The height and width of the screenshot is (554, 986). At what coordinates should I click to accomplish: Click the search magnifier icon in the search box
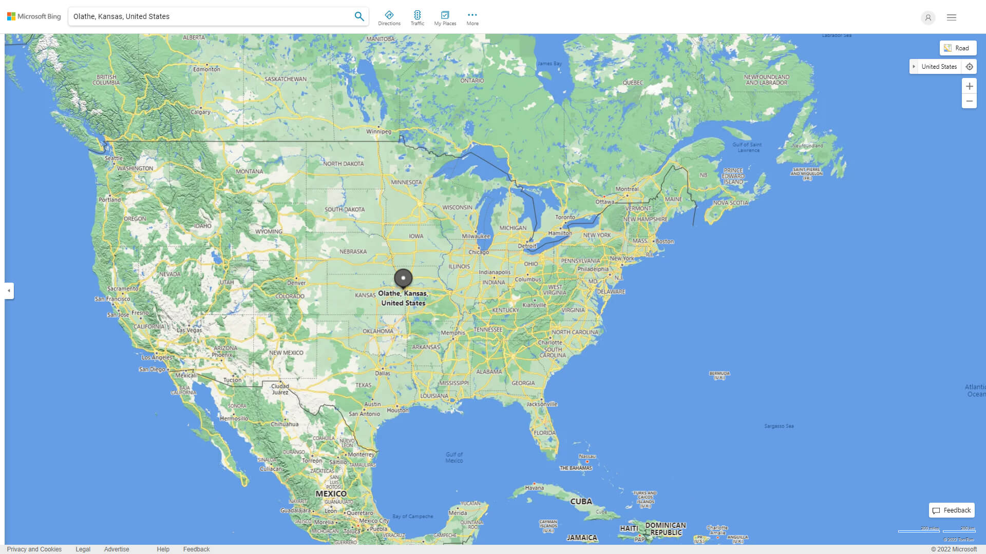pos(359,16)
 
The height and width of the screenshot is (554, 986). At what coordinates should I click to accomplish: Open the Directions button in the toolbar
pos(389,18)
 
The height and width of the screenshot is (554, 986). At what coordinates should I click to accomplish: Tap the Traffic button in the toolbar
pos(417,18)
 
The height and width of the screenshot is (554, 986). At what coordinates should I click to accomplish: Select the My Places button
pos(445,18)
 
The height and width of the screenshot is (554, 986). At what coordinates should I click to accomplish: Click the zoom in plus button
pos(969,86)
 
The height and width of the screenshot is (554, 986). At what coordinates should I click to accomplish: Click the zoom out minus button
pos(969,101)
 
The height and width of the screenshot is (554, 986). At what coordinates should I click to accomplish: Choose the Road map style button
pos(958,48)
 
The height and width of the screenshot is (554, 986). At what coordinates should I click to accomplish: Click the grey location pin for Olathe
pos(403,278)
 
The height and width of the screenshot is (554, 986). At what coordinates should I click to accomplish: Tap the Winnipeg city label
pos(378,132)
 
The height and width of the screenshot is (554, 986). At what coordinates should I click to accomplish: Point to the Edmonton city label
pos(206,69)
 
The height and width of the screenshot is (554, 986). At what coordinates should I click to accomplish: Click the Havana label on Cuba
pos(534,488)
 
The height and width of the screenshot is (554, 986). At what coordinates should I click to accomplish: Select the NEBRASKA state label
pos(353,252)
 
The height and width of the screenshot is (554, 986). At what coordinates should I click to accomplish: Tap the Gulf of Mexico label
pos(454,458)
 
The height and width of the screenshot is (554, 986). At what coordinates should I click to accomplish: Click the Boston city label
pos(665,242)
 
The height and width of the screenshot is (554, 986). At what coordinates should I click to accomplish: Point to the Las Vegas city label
pos(189,330)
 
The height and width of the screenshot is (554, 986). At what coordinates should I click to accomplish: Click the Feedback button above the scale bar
pos(952,510)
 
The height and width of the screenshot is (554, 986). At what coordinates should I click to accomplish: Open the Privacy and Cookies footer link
pos(34,549)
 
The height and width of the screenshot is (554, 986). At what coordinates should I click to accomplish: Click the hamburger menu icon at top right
pos(952,17)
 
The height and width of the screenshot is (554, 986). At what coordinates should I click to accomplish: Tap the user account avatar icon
pos(928,17)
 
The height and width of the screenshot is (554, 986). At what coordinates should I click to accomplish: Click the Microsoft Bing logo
pos(34,16)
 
